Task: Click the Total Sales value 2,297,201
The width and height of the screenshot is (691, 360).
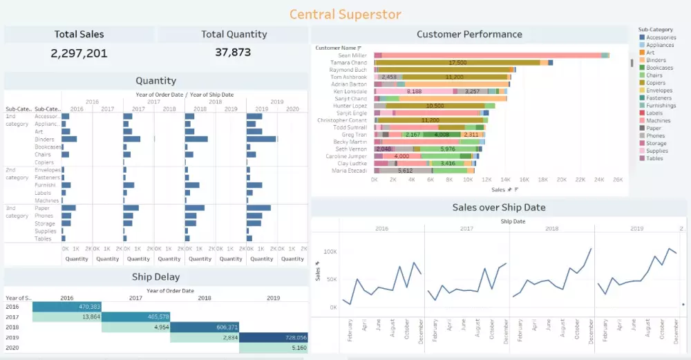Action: (x=79, y=53)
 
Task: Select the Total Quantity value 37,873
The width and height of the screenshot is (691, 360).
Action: (x=233, y=52)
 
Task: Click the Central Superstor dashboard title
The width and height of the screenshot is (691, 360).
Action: (x=345, y=14)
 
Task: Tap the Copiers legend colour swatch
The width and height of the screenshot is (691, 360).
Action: (x=642, y=83)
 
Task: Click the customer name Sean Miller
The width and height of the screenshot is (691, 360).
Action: (x=352, y=55)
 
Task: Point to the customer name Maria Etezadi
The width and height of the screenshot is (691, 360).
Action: (x=349, y=170)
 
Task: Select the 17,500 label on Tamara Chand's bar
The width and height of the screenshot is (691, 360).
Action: (x=457, y=62)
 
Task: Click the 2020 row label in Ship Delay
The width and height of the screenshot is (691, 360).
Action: (x=12, y=348)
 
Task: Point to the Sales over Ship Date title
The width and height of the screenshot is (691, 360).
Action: (x=498, y=207)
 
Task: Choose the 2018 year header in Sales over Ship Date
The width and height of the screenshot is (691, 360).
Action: (x=551, y=228)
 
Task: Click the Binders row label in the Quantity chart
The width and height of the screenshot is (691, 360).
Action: (x=45, y=140)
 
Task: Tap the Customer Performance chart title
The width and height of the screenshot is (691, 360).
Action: (x=469, y=34)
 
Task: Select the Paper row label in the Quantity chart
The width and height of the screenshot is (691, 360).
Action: (x=42, y=208)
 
